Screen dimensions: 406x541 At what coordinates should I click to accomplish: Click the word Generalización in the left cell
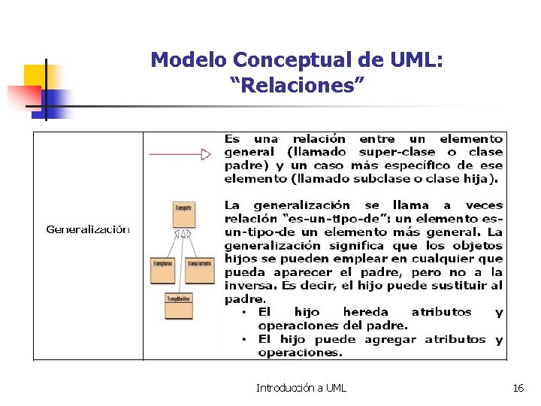point(88,230)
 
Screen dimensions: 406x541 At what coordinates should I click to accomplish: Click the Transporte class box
point(183,215)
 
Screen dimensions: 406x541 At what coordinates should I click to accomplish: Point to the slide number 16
point(518,388)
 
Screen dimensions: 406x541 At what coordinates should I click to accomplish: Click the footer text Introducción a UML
point(301,388)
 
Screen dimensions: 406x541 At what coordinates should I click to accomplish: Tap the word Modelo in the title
point(189,59)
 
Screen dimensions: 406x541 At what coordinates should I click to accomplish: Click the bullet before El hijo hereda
point(243,312)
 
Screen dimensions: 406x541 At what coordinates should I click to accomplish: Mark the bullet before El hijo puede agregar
point(243,339)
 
